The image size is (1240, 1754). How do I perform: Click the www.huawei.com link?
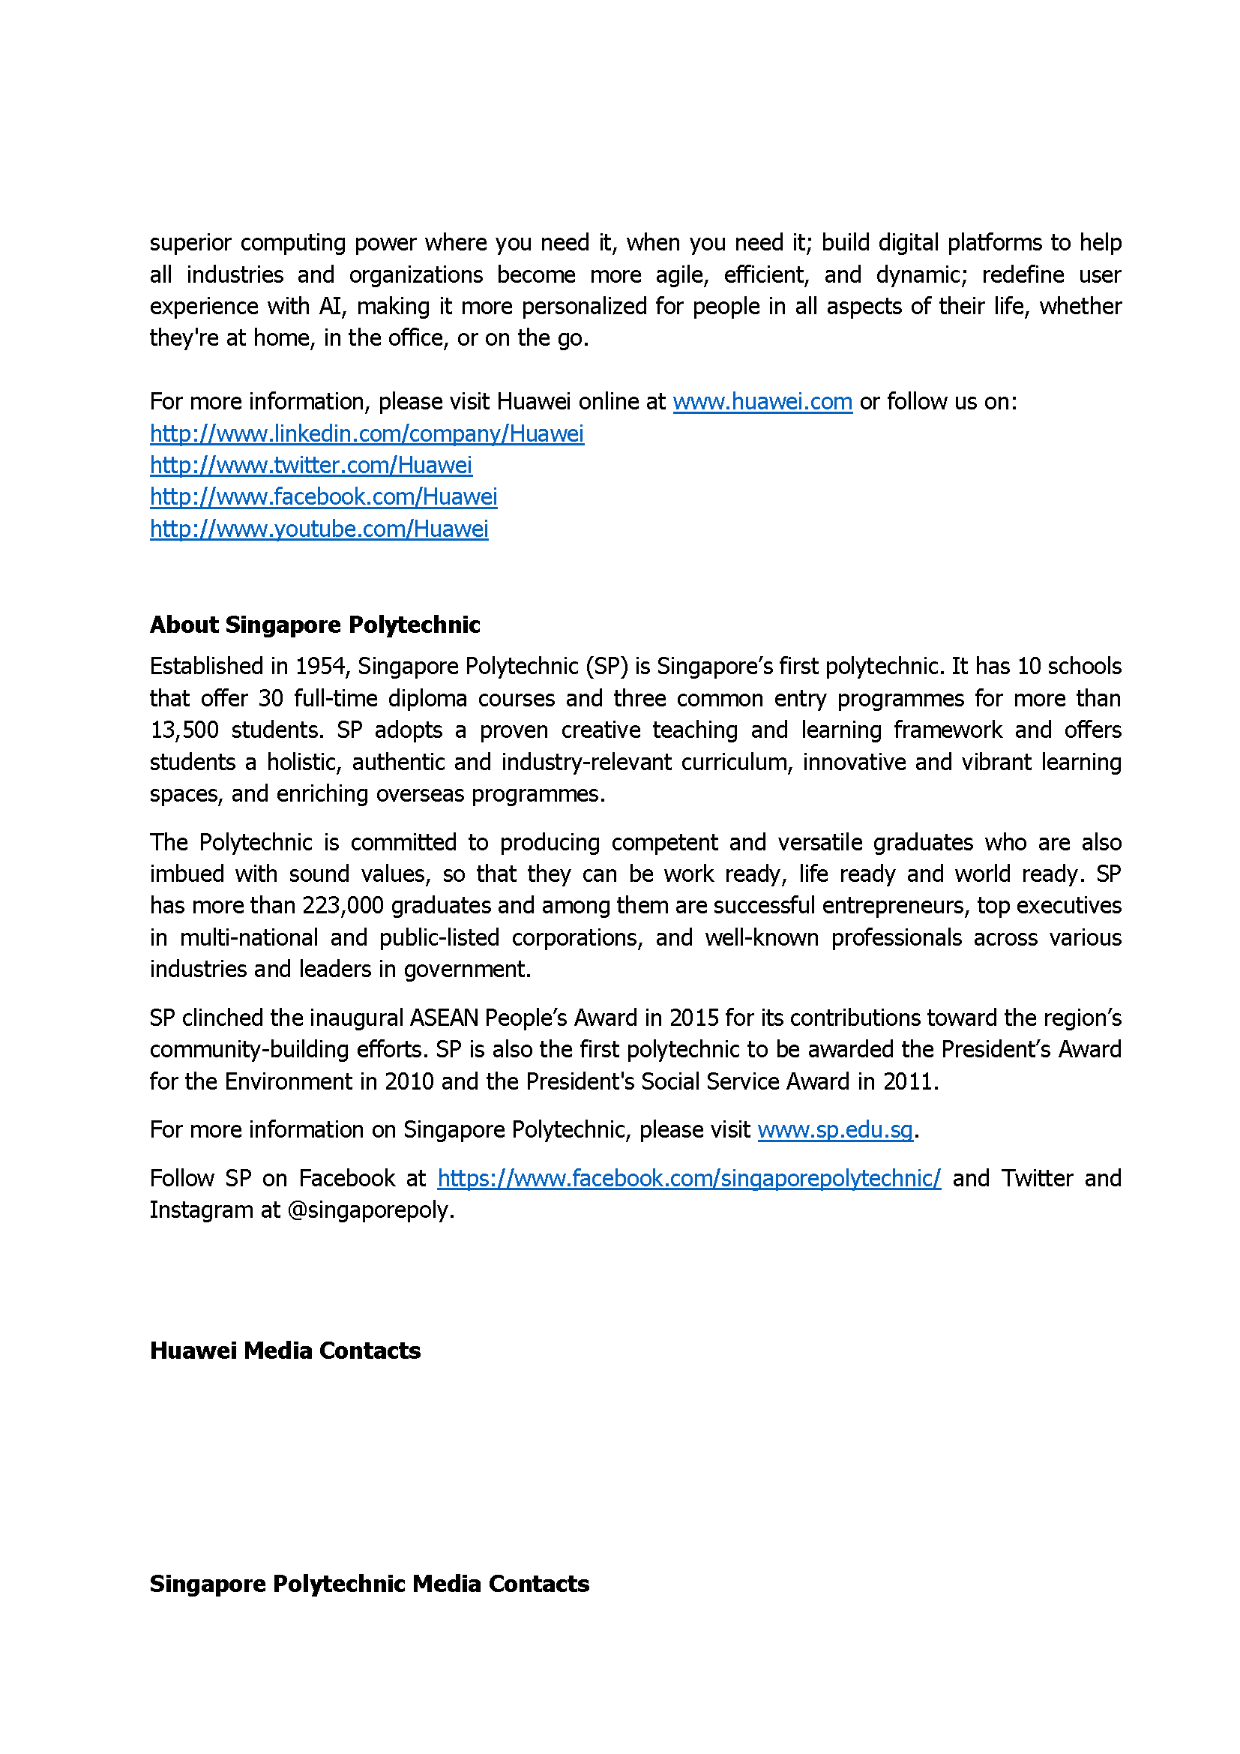click(762, 402)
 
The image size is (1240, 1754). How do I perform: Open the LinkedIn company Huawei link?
click(367, 434)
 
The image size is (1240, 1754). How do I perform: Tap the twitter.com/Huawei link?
click(311, 465)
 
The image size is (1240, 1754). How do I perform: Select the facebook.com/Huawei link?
click(323, 497)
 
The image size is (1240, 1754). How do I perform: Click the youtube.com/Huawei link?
click(319, 529)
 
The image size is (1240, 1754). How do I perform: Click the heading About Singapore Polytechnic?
click(315, 625)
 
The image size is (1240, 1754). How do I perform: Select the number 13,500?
click(184, 730)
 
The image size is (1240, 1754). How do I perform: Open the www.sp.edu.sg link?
click(835, 1130)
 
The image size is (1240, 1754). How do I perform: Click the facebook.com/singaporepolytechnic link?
click(689, 1179)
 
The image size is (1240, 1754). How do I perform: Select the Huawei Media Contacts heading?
click(285, 1351)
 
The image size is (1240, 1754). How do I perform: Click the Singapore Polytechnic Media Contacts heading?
click(369, 1584)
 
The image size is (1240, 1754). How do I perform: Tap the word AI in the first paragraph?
click(330, 307)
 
